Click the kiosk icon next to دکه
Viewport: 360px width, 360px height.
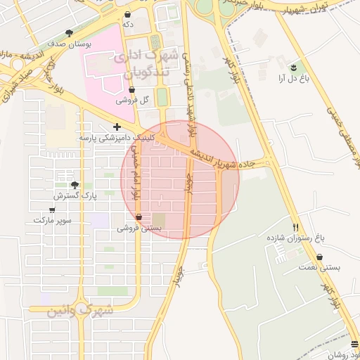coord(127,14)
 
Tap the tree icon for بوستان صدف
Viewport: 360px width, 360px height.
coord(69,33)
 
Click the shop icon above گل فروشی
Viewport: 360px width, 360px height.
coord(133,89)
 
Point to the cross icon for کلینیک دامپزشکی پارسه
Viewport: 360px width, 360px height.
coord(117,127)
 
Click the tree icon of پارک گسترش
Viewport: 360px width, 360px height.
coord(75,184)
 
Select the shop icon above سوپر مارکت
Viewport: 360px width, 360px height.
coord(52,210)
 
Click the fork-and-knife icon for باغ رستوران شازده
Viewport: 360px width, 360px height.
coord(295,227)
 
